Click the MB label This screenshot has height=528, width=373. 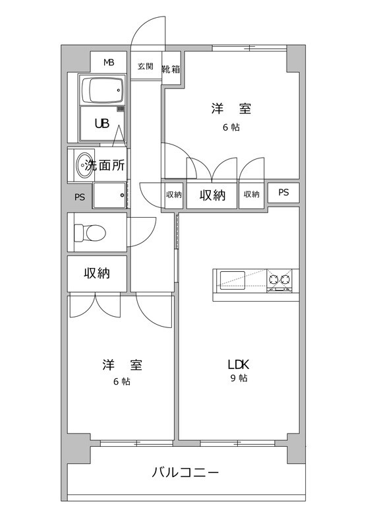[109, 62]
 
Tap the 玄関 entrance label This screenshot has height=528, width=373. [145, 66]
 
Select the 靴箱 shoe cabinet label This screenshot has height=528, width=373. [171, 69]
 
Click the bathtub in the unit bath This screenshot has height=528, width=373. [102, 90]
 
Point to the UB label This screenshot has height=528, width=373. [102, 123]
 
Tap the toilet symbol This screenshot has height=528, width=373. [90, 232]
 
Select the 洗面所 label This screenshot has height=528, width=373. [105, 166]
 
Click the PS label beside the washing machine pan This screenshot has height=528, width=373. [80, 197]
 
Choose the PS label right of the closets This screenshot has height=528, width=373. [283, 192]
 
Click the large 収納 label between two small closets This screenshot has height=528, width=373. [212, 195]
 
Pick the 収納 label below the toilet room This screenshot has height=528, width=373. [97, 273]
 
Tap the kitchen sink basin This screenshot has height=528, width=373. [233, 280]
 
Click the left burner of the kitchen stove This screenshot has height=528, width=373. [273, 279]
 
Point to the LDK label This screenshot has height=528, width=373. [239, 364]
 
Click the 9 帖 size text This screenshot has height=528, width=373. [239, 378]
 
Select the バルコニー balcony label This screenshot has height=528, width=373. [185, 473]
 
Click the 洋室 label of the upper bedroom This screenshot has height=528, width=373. [231, 109]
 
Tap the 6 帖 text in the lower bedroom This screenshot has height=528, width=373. [122, 381]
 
